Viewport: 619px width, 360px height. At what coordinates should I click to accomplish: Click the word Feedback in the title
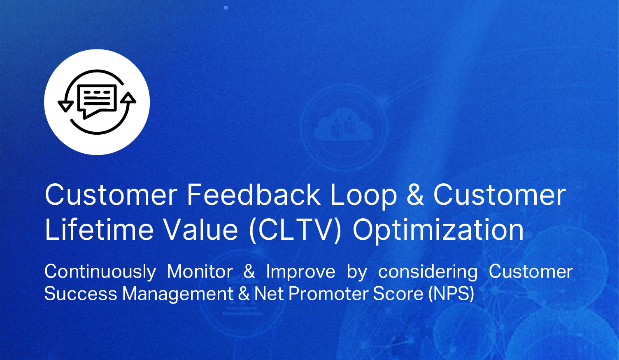(x=254, y=195)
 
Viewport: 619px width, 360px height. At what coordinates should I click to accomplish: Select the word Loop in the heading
(x=363, y=197)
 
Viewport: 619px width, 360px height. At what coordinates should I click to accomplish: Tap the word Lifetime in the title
(x=99, y=229)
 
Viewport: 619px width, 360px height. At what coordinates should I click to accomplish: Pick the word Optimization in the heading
(x=438, y=231)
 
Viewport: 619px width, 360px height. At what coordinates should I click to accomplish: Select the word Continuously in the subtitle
(x=100, y=272)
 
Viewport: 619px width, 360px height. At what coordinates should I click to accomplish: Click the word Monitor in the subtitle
(x=200, y=271)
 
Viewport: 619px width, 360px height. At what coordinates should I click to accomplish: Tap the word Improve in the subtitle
(x=301, y=272)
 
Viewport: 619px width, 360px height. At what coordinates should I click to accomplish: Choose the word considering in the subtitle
(x=428, y=272)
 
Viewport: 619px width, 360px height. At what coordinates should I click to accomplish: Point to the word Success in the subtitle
(x=81, y=293)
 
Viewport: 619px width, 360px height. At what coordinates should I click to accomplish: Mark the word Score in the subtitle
(x=398, y=293)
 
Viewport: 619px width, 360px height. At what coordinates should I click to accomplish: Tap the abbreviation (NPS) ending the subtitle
(x=451, y=294)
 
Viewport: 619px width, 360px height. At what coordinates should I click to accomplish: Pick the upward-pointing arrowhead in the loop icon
(x=128, y=98)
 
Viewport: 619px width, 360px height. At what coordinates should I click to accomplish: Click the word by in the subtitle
(x=357, y=272)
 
